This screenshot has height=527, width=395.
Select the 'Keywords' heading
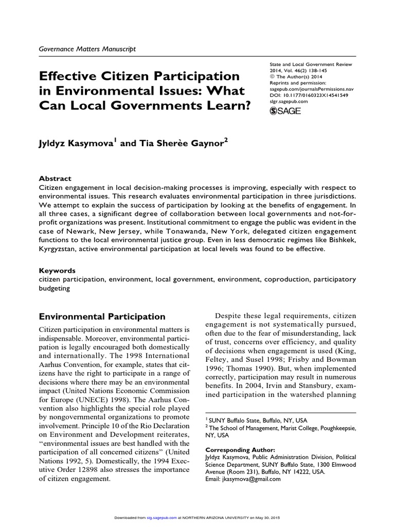[x=58, y=270]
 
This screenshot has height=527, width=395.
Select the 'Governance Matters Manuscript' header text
[x=87, y=49]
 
